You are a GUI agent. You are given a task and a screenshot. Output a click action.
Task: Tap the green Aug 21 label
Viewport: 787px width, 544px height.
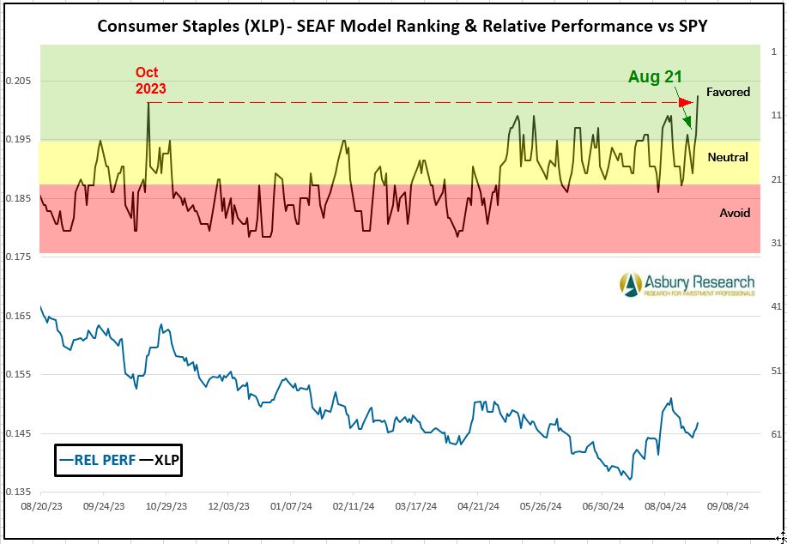tap(655, 76)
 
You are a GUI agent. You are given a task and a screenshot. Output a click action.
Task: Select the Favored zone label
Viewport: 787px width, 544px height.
tap(728, 92)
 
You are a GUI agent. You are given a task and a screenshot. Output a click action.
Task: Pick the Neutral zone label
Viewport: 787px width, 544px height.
tap(728, 157)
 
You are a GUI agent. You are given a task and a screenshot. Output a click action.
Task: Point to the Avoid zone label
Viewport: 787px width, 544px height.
tap(735, 213)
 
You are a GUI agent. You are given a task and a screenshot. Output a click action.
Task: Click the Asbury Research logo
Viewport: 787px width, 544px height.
tap(687, 284)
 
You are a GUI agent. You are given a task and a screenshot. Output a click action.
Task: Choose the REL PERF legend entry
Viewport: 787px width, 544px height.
tap(96, 460)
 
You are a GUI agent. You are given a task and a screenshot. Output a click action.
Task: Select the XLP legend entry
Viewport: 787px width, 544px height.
tap(160, 460)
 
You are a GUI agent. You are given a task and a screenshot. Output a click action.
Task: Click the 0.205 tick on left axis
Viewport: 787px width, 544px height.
tap(17, 81)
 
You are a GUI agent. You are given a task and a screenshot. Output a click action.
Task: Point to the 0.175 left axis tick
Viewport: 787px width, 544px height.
tap(17, 257)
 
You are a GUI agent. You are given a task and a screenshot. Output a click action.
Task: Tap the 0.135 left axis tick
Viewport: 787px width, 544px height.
tap(17, 493)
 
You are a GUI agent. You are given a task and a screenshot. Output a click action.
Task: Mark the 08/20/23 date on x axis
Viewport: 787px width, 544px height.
tap(41, 507)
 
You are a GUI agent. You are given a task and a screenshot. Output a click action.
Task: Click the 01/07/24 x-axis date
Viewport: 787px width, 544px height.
tap(291, 507)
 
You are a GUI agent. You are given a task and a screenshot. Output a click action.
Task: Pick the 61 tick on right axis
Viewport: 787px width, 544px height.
tap(776, 434)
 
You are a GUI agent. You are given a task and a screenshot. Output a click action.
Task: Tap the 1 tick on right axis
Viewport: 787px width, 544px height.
tap(774, 51)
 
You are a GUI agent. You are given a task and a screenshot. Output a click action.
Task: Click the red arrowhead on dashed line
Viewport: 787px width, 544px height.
tap(685, 103)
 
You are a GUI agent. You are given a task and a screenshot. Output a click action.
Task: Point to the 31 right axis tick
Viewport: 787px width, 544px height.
tap(776, 243)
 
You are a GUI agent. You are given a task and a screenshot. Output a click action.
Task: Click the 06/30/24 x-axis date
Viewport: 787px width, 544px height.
tap(602, 507)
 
